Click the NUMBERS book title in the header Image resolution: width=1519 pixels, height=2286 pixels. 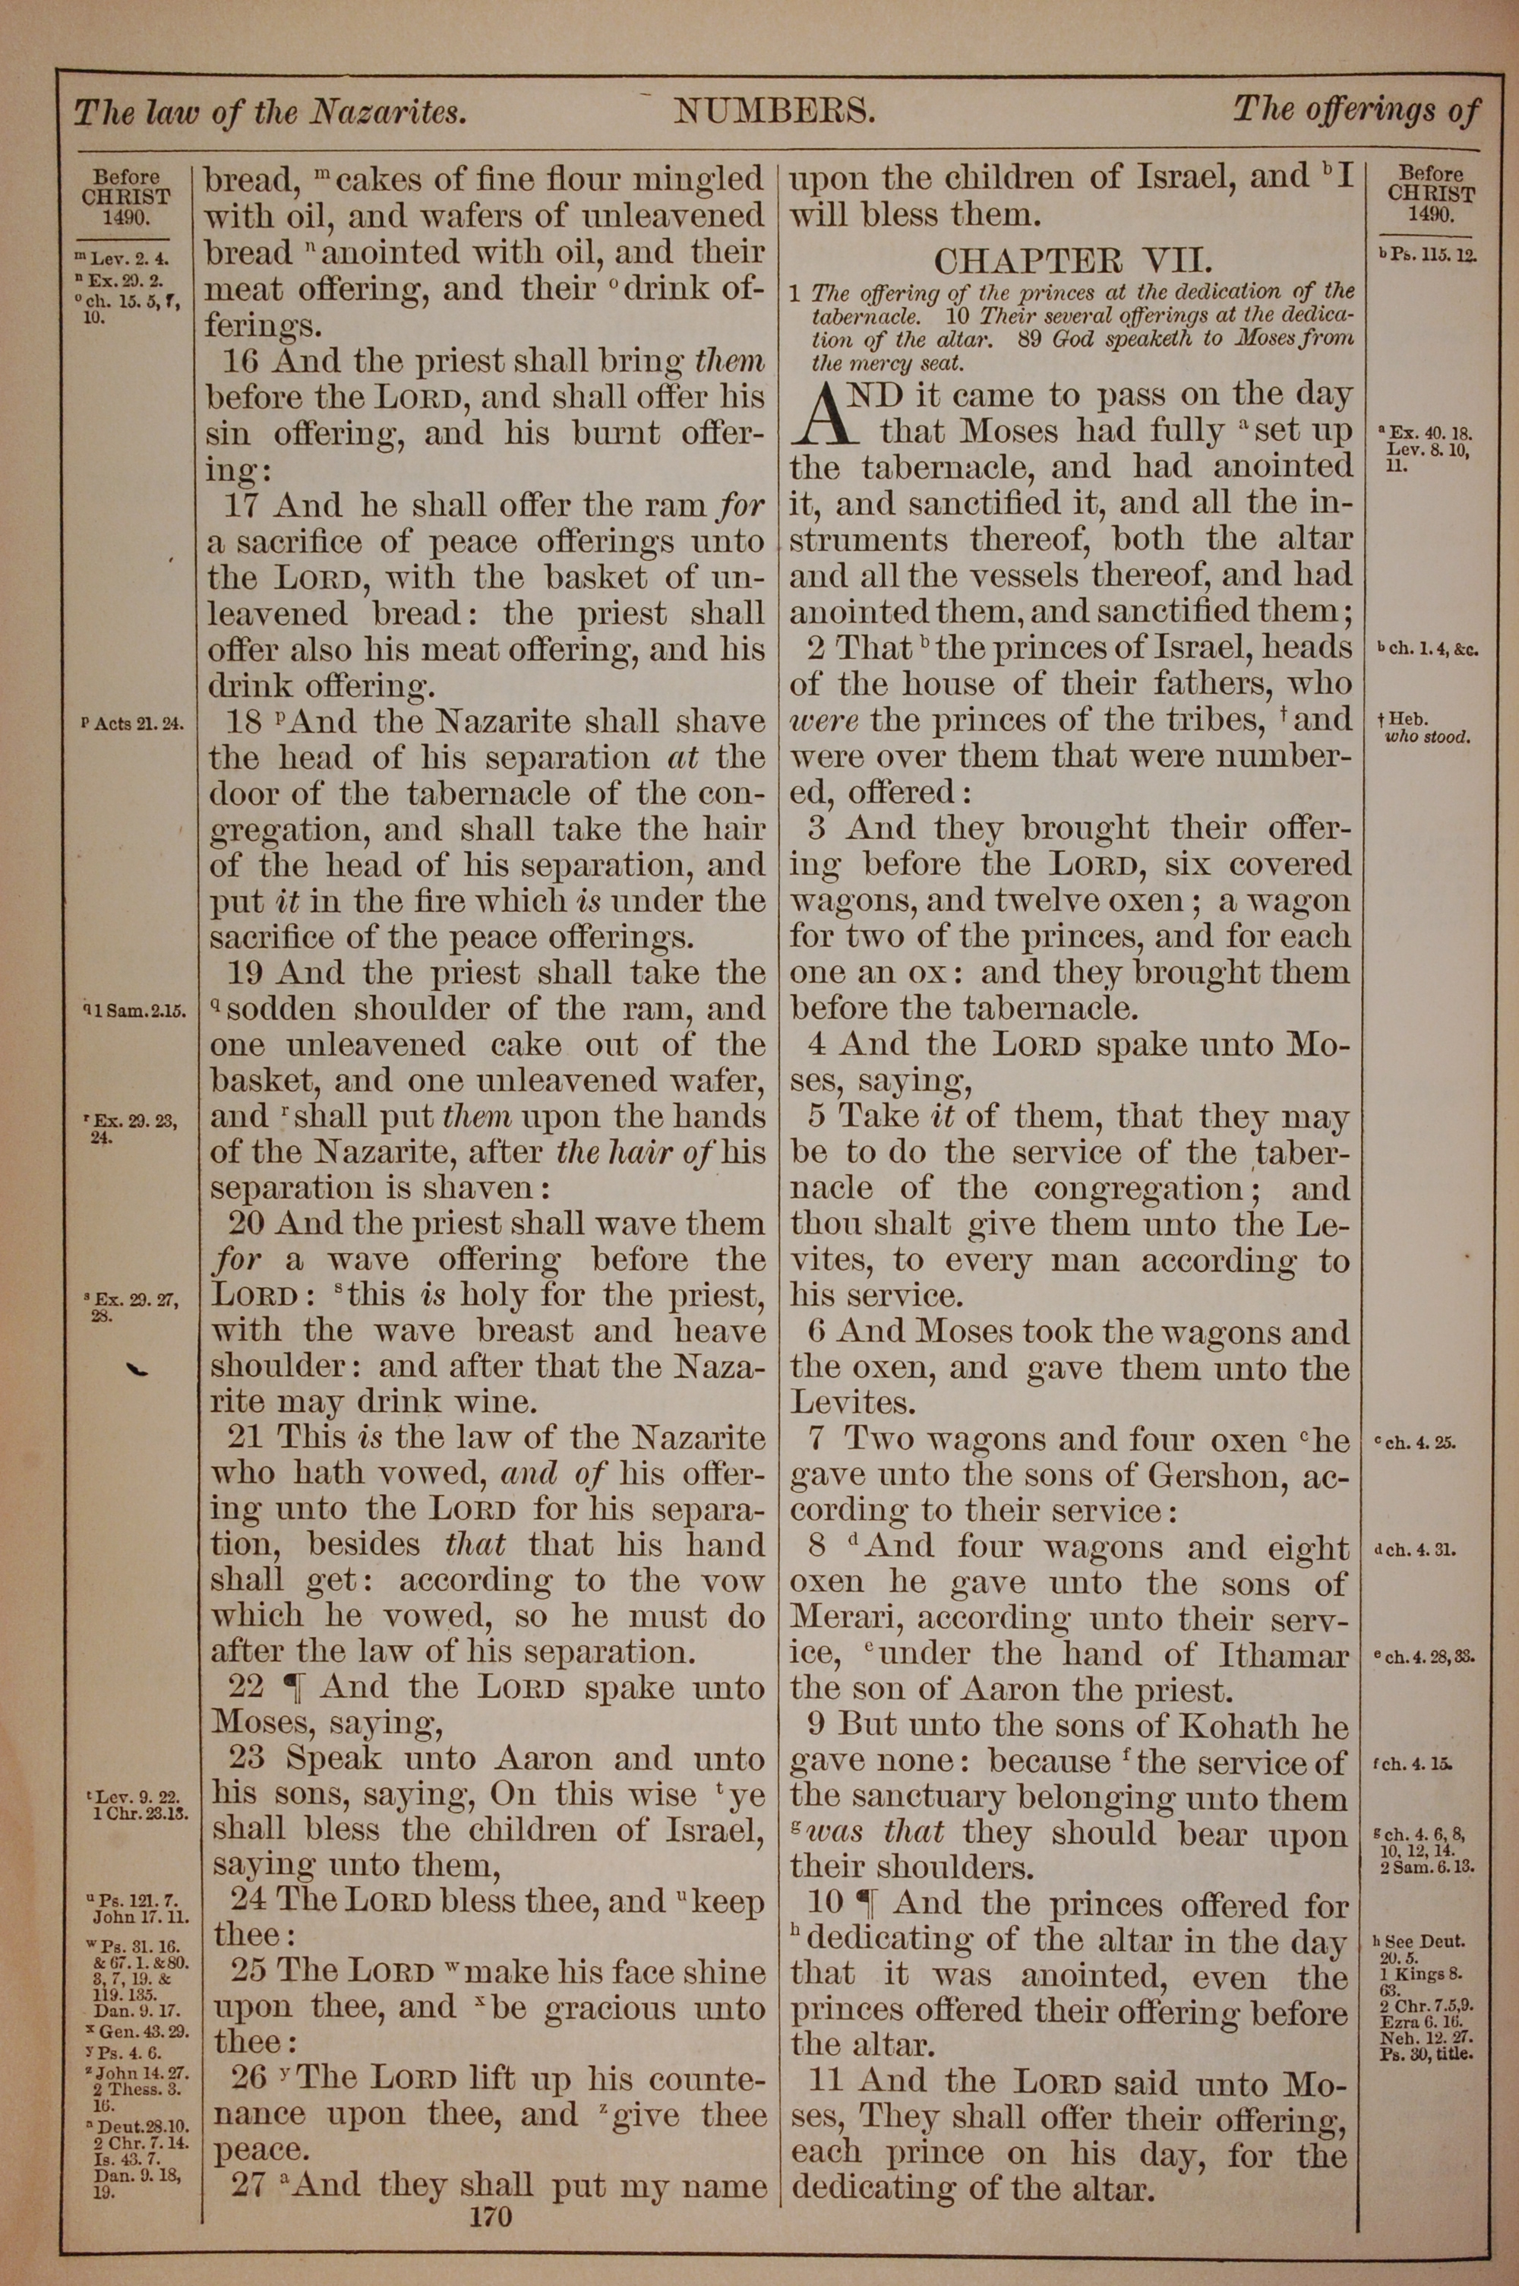[775, 112]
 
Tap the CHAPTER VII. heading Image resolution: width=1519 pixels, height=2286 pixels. [1072, 261]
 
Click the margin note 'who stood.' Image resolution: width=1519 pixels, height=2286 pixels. [1429, 736]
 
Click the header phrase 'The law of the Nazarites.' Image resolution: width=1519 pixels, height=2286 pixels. [270, 113]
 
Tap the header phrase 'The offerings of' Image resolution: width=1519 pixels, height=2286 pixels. [1355, 110]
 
